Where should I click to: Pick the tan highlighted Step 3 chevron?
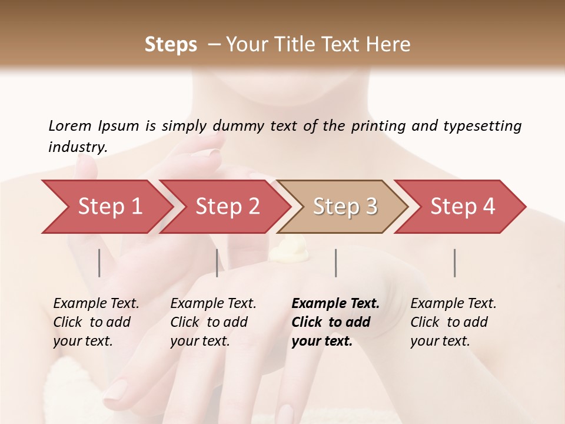pos(345,207)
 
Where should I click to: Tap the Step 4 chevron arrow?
pos(463,207)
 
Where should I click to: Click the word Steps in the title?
pos(171,45)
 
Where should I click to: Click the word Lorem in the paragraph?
pos(70,126)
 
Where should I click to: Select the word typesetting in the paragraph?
pos(482,126)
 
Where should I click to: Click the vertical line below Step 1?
pos(99,263)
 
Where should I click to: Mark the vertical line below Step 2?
pos(217,263)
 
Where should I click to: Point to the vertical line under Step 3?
pos(336,263)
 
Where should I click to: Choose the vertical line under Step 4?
pos(455,263)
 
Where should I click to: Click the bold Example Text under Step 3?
pos(335,303)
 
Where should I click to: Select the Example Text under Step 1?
pos(96,303)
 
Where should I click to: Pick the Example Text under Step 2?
pos(213,303)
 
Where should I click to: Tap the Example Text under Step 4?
pos(453,303)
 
